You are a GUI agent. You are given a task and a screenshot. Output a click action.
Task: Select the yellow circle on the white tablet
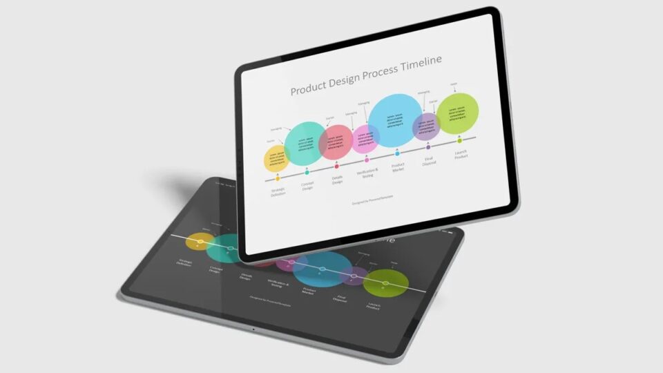[x=277, y=157]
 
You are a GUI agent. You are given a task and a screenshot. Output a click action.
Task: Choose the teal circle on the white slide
[x=305, y=144]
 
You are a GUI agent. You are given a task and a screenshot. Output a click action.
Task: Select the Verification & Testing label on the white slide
[x=367, y=174]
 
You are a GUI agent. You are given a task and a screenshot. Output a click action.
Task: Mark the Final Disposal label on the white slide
[x=430, y=162]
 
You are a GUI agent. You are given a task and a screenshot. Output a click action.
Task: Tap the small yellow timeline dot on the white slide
[x=278, y=178]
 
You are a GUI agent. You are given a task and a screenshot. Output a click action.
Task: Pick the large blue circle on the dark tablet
[x=322, y=268]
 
